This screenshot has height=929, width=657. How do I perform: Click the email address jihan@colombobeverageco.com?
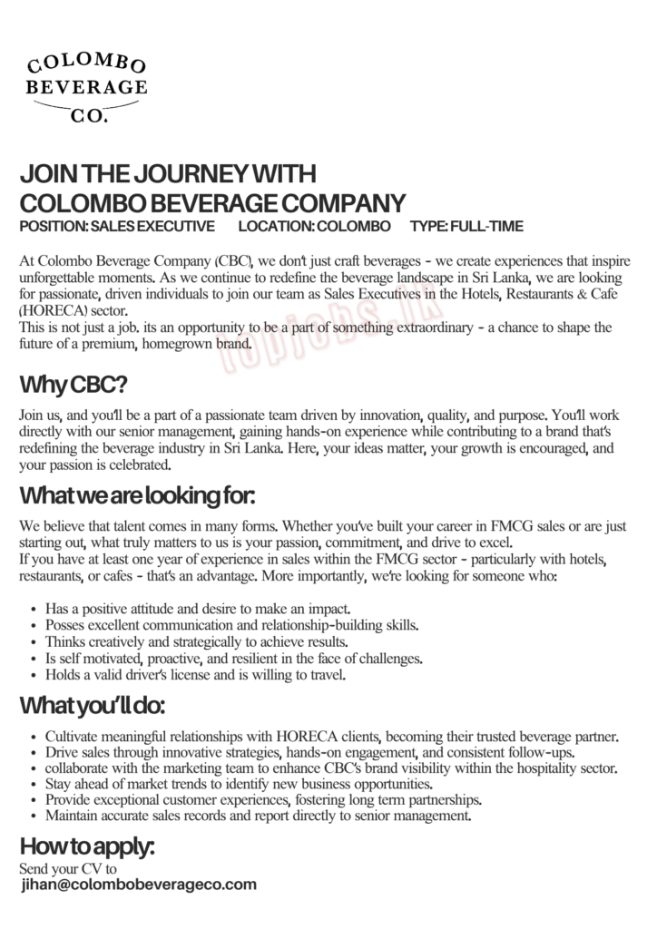[x=139, y=885]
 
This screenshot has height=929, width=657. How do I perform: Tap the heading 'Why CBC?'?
[x=73, y=385]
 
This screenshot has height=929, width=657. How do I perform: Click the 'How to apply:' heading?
[x=87, y=847]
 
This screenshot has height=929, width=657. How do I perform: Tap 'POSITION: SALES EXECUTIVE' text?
[x=117, y=226]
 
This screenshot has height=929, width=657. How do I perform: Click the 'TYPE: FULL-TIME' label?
[x=466, y=226]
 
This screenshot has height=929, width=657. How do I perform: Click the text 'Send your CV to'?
[x=68, y=868]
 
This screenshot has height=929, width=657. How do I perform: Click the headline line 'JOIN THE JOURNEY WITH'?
[x=168, y=174]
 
